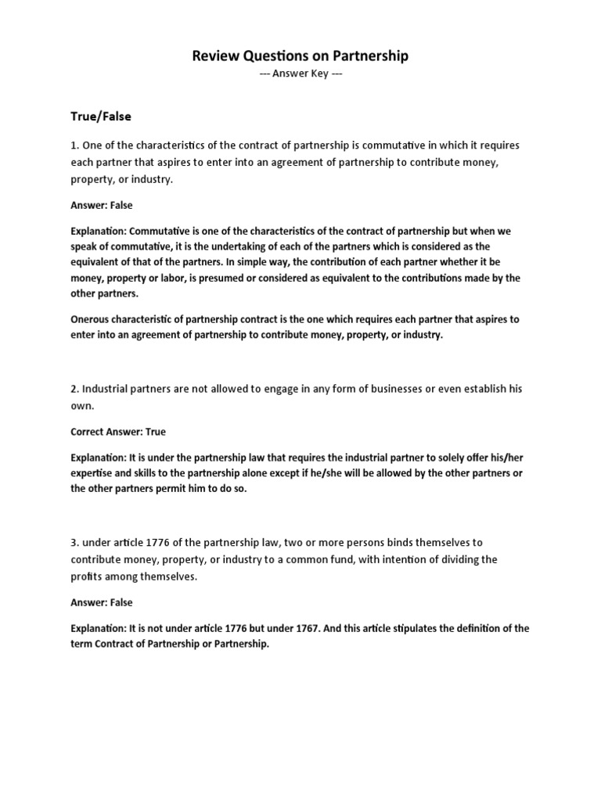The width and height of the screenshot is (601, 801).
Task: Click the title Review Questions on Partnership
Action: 300,56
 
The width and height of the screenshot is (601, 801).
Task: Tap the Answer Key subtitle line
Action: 300,74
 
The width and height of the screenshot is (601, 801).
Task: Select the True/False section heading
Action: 101,116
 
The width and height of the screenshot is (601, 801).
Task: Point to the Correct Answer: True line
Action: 118,431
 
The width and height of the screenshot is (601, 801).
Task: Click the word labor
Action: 178,278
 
